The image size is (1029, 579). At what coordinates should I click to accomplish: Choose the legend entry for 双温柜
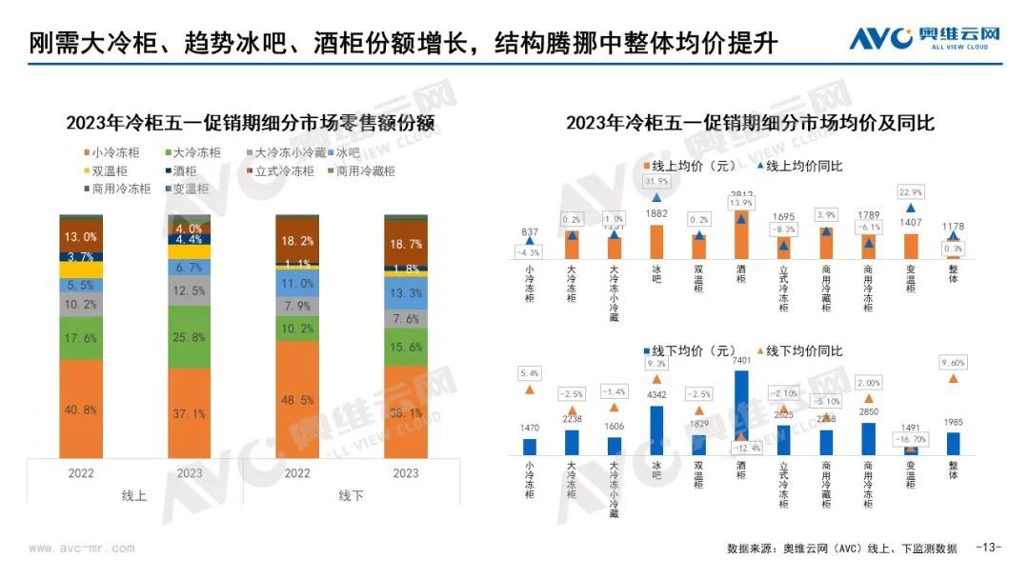tap(105, 171)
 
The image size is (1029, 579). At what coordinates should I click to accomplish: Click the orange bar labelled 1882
tap(656, 242)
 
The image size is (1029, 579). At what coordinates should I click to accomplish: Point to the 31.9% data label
tap(656, 181)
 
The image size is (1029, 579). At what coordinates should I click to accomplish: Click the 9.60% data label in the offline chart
tap(954, 362)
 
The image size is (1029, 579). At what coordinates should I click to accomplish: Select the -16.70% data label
tap(911, 439)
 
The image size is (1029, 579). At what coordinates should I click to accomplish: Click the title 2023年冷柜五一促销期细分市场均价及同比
tap(750, 123)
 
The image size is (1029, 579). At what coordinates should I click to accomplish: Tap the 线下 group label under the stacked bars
tap(352, 495)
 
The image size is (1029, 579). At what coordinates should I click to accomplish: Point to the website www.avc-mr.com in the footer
tap(81, 549)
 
